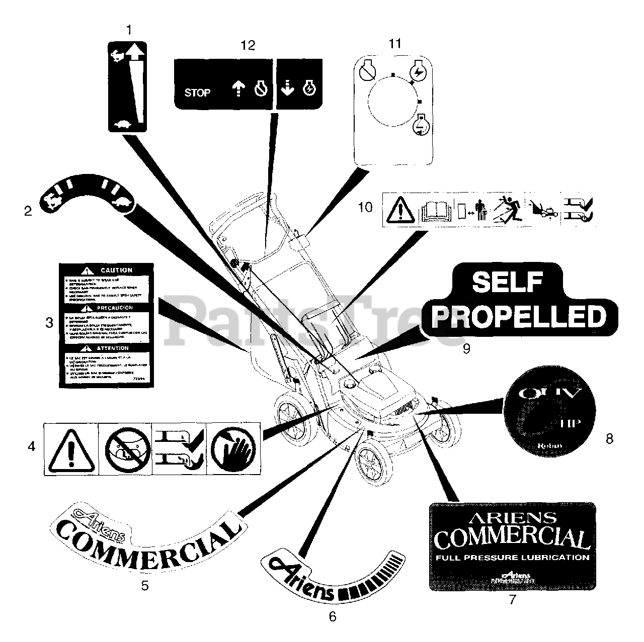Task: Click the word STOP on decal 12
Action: click(197, 93)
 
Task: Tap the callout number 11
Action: click(395, 44)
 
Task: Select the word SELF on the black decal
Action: click(507, 283)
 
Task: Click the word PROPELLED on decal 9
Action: click(520, 317)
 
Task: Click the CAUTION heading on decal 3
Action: click(115, 270)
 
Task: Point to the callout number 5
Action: click(145, 585)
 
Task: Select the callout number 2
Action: click(28, 211)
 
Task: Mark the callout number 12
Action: click(248, 45)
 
